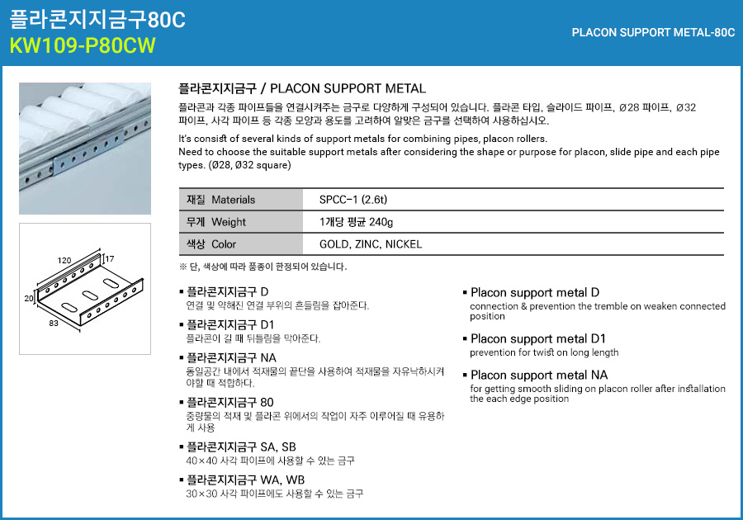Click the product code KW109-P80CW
pos(83,45)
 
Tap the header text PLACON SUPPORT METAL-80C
pos(653,33)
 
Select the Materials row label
pos(220,200)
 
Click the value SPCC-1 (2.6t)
pos(353,200)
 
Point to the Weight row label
pos(216,222)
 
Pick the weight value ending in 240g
pos(356,222)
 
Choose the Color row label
pos(211,244)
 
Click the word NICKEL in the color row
pos(403,244)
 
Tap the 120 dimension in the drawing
pos(64,261)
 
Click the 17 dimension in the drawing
pos(110,259)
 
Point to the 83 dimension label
pos(54,323)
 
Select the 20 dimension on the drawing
pos(29,298)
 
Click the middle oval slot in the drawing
pos(90,295)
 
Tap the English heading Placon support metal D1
pos(537,338)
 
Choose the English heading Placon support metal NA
pos(539,375)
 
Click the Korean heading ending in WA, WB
pos(245,480)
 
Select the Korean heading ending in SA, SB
pos(241,447)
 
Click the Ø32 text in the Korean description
pos(686,107)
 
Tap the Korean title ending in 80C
pos(97,19)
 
